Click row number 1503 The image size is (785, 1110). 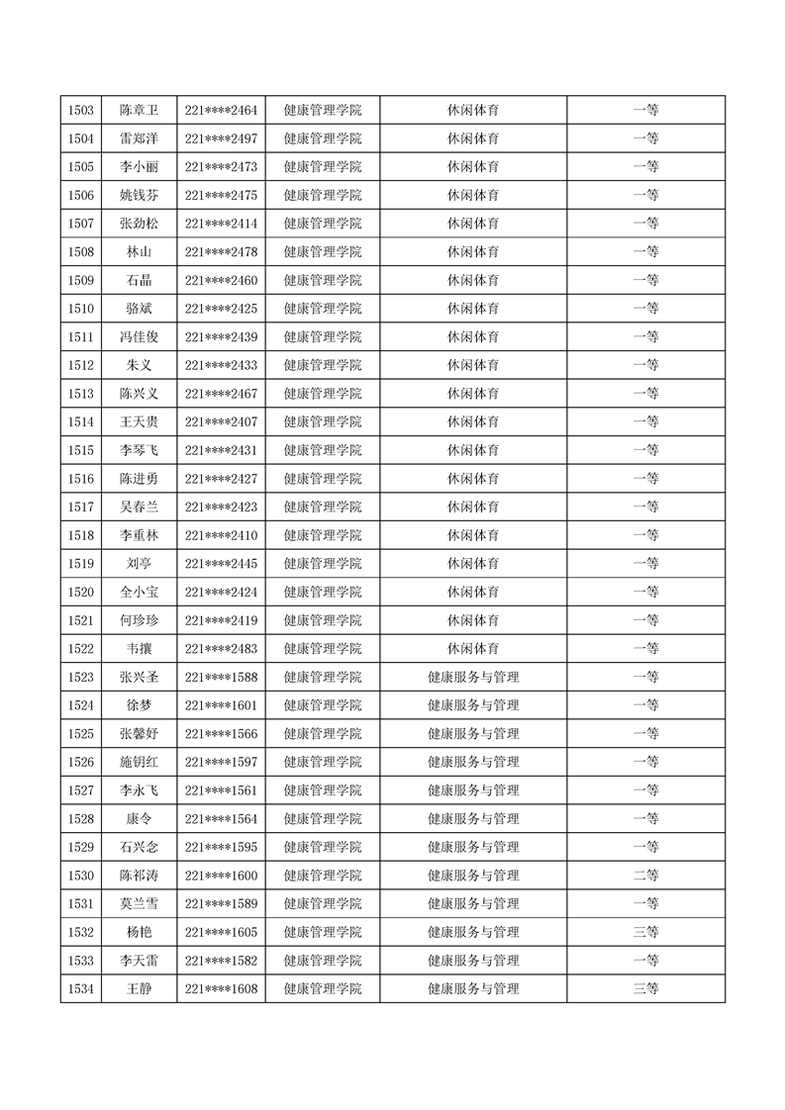(81, 110)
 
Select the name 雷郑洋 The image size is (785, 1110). (139, 139)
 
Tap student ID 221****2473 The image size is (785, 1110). (221, 166)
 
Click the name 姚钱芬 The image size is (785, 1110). (139, 195)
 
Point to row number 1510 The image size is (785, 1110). (81, 309)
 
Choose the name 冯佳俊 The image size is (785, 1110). (139, 337)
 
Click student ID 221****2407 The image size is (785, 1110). (221, 422)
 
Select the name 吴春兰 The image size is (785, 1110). (139, 508)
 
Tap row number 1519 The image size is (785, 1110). (81, 564)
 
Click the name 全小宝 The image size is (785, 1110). (139, 593)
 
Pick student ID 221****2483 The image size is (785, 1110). (221, 649)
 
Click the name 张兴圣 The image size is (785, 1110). (139, 678)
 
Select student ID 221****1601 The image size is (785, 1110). (221, 705)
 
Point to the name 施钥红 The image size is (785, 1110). (139, 762)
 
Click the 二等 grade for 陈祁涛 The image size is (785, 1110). (645, 876)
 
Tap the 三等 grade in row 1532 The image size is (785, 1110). (645, 932)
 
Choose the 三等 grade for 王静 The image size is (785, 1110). (645, 988)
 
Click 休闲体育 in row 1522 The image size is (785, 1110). (473, 649)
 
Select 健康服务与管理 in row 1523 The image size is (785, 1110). (473, 678)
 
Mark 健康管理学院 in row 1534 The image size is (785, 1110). (322, 988)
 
